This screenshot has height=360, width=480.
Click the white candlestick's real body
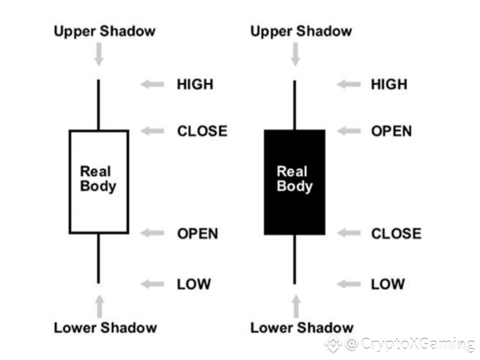(x=99, y=182)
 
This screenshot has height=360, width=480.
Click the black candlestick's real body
(x=294, y=182)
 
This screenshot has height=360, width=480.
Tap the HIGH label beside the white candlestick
(x=195, y=84)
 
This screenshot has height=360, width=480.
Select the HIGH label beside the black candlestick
(x=389, y=84)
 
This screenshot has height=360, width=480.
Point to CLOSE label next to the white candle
(x=202, y=131)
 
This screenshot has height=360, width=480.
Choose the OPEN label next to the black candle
(x=391, y=131)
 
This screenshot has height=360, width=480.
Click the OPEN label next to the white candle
(x=197, y=233)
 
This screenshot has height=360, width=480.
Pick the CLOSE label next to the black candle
(x=396, y=233)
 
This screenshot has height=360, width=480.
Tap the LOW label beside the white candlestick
(x=194, y=283)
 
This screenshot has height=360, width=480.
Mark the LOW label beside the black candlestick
(x=388, y=283)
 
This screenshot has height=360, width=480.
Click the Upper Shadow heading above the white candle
(x=104, y=31)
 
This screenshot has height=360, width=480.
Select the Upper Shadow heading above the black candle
(x=301, y=31)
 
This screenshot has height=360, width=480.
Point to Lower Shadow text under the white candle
(x=105, y=327)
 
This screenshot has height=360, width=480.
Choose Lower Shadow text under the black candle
(x=302, y=327)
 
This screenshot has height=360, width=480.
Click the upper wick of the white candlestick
(x=99, y=104)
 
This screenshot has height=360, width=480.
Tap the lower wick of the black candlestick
(x=295, y=259)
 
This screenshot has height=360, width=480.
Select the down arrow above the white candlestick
(x=99, y=54)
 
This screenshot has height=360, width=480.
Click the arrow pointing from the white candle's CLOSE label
(x=152, y=131)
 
